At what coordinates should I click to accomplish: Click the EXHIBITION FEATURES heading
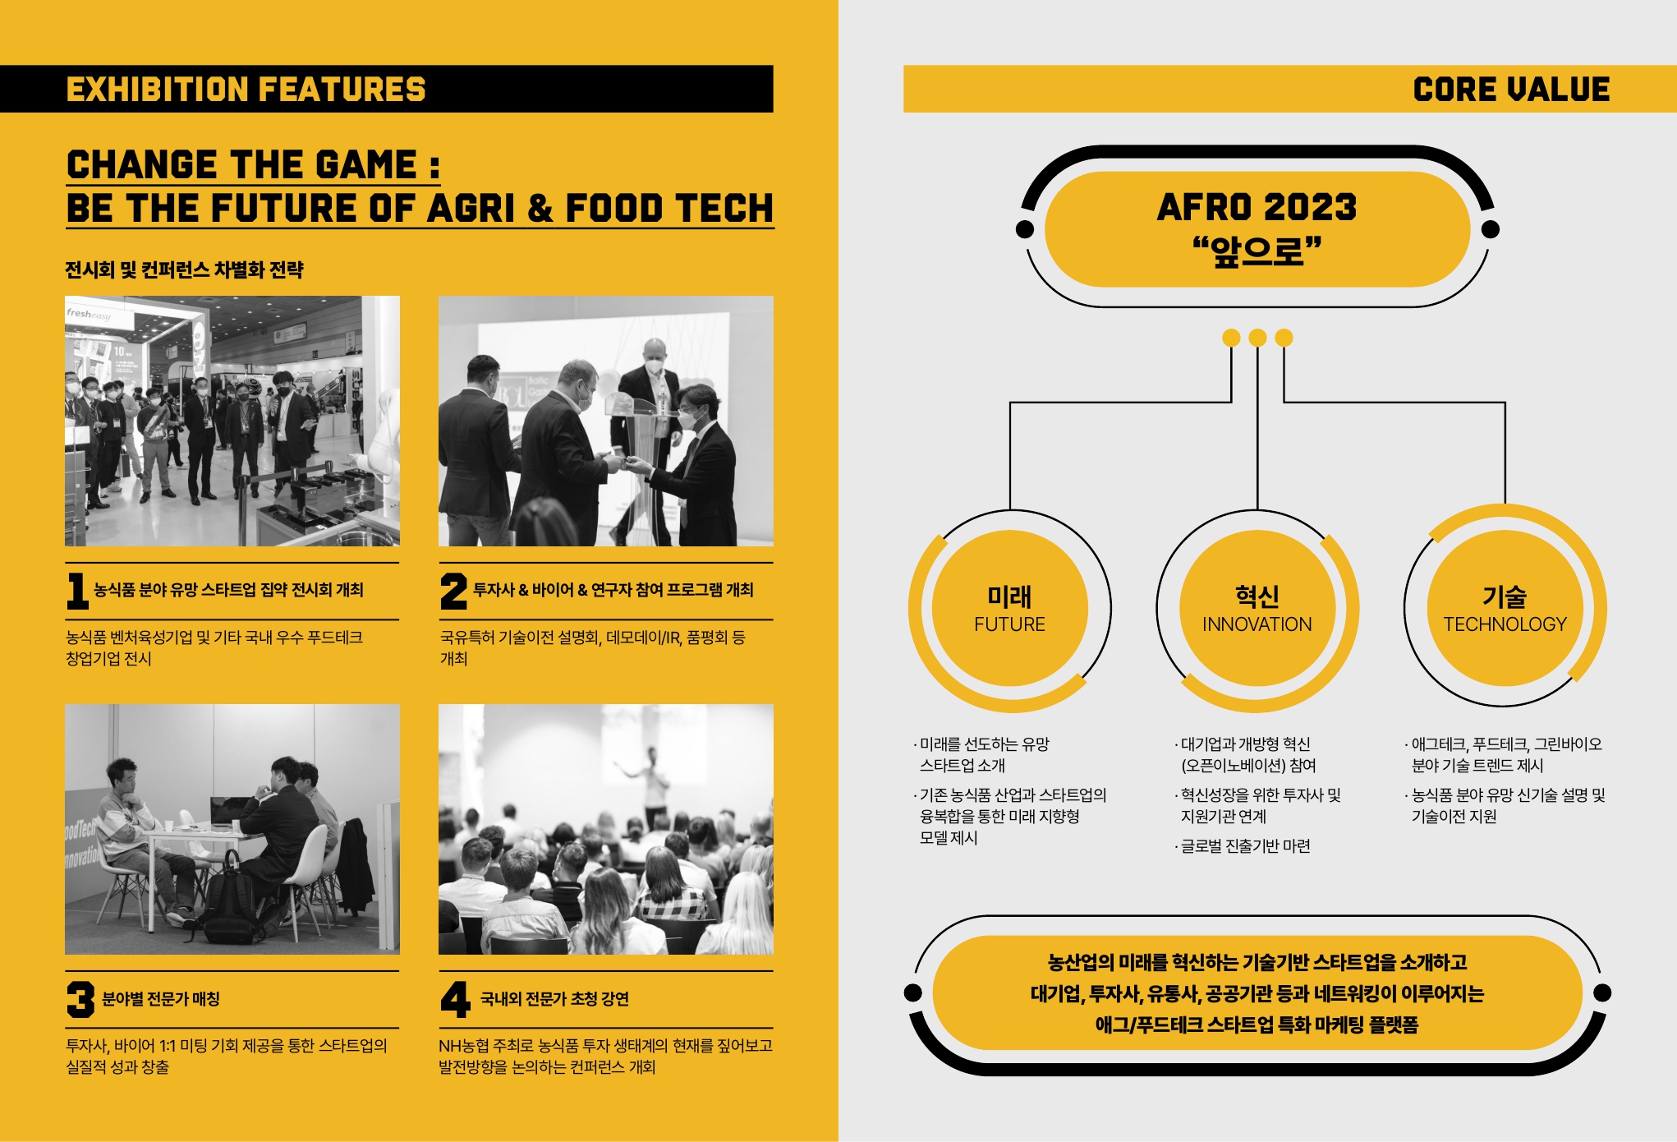[246, 90]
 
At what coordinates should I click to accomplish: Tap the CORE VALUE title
[1511, 90]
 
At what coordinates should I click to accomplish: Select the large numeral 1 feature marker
[77, 591]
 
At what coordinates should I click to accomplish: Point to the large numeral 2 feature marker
[453, 591]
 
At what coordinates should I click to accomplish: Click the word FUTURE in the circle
[1009, 624]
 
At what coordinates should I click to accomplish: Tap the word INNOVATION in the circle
[1257, 624]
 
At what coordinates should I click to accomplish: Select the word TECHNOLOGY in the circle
[1505, 624]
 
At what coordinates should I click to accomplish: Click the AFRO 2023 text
[1257, 207]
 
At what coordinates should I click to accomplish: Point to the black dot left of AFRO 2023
[1025, 229]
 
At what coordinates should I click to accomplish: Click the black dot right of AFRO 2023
[1491, 229]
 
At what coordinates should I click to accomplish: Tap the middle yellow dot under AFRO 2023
[1257, 338]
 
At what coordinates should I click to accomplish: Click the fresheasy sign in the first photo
[89, 314]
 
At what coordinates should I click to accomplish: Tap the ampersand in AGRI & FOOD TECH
[540, 209]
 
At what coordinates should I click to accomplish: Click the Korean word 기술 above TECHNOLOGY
[1505, 596]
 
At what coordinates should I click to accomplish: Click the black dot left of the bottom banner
[912, 992]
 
